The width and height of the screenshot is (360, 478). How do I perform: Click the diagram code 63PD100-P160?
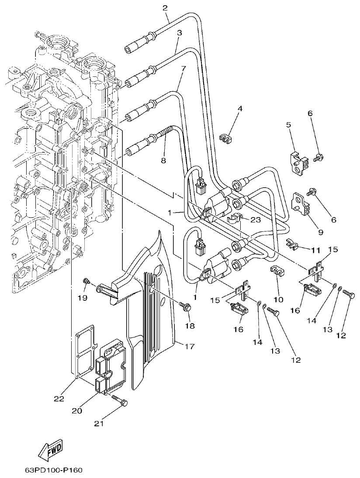coord(53,471)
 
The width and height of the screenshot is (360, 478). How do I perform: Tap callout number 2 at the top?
coord(165,7)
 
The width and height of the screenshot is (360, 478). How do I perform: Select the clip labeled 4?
coord(225,139)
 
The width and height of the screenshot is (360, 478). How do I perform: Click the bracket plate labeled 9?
coord(300,204)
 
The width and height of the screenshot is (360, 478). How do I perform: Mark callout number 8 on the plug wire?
coord(163,160)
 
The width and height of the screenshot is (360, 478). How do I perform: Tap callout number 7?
coord(183,68)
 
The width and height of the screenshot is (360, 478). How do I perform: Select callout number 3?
coord(179,33)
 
